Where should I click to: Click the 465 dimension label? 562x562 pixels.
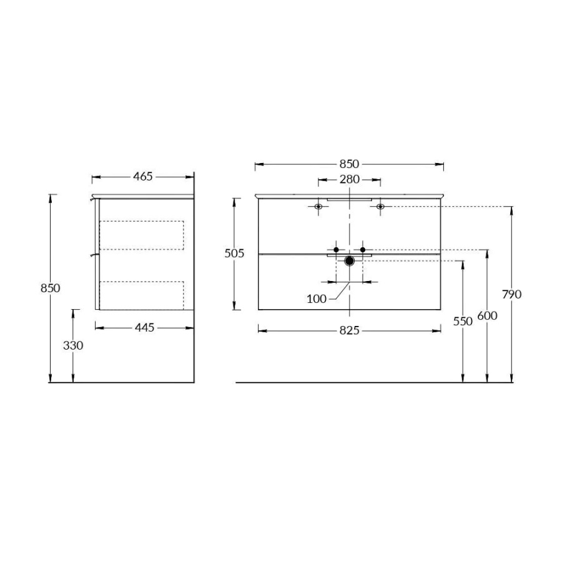coord(142,177)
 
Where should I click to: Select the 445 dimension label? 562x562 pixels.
coord(144,328)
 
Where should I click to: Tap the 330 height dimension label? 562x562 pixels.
coord(73,345)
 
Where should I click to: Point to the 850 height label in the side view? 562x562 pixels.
coord(50,288)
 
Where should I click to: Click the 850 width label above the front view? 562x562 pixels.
coord(349,164)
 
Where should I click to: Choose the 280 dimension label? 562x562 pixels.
coord(350,179)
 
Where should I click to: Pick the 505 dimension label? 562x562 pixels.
coord(234,254)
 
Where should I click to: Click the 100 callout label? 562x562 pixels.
coord(317,299)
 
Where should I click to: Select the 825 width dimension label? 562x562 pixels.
coord(349,330)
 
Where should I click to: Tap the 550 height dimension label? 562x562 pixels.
coord(463,322)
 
